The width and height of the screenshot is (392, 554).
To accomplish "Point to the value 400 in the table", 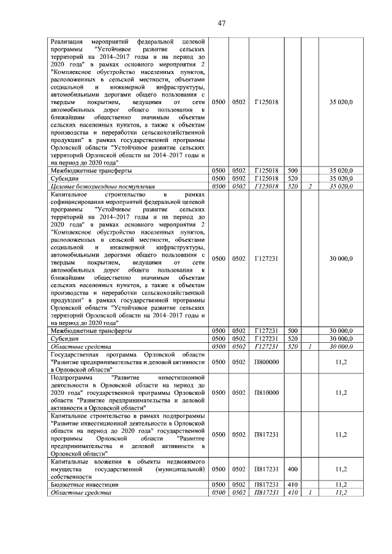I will pos(292,469).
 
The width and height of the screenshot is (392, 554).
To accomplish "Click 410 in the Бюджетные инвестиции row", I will pos(292,484).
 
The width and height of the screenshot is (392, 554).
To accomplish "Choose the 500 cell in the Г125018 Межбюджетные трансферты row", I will pos(292,170).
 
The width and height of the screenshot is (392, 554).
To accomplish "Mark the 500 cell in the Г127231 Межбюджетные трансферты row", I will pos(292,331).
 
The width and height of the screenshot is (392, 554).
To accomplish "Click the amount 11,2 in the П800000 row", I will pos(342,362).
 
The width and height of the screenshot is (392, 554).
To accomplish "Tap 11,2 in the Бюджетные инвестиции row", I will pos(342,484).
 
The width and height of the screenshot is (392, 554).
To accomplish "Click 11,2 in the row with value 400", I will pos(342,469).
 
